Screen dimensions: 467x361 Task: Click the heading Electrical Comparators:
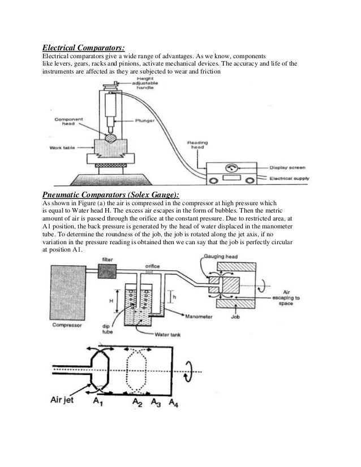(81, 47)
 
